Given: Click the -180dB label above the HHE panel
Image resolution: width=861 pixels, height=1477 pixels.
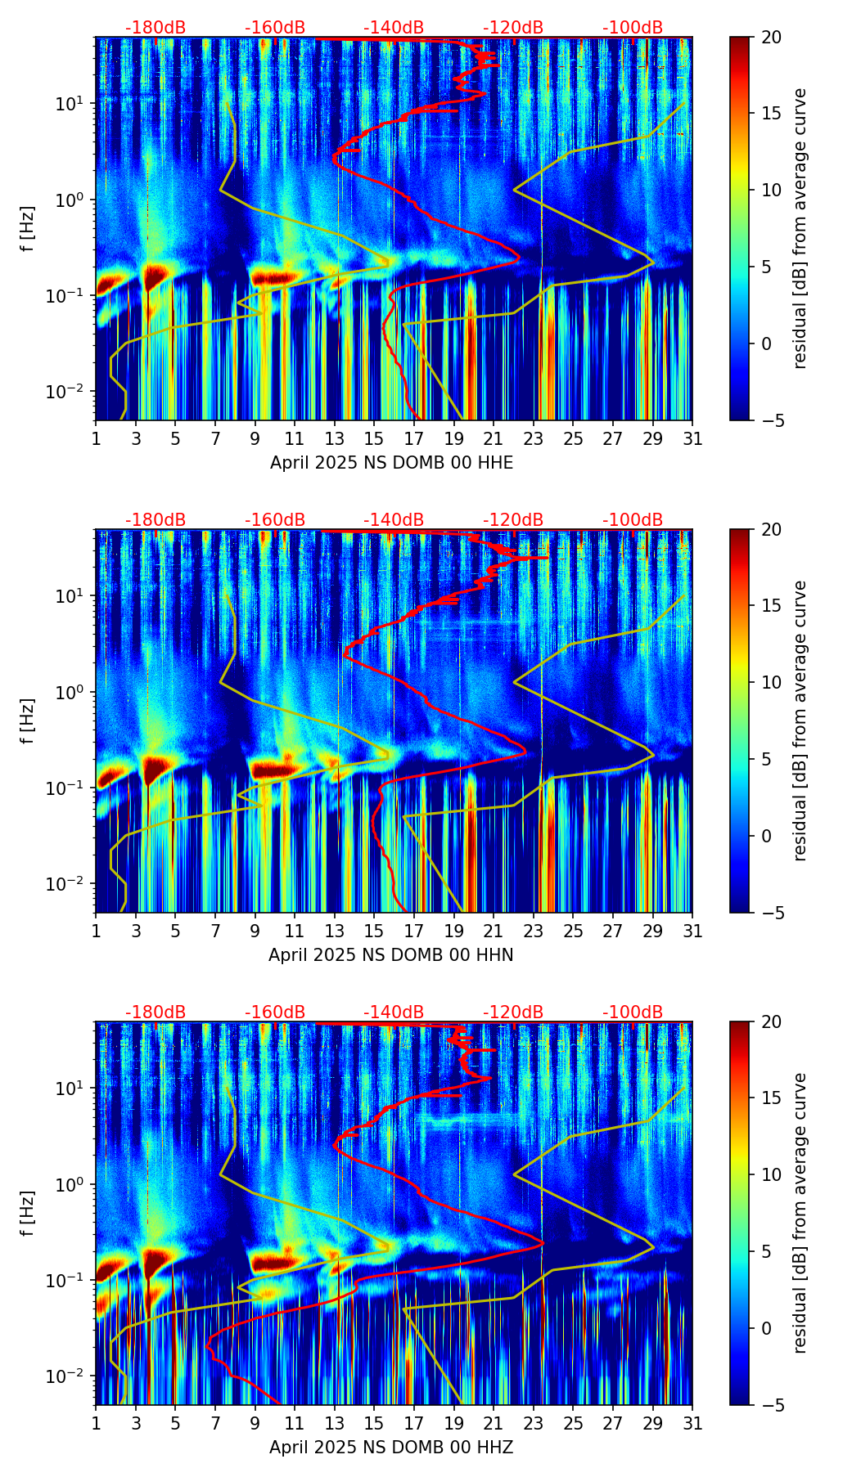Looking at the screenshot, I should [x=156, y=28].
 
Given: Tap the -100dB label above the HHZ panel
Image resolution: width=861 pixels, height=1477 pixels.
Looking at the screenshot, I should [x=633, y=1012].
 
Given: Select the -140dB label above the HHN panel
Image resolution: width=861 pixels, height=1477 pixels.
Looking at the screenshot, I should [x=394, y=520].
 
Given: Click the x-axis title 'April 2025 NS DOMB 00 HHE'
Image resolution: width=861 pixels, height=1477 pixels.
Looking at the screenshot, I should [x=391, y=463].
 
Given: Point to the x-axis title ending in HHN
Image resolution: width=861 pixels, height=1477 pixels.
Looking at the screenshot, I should [x=391, y=955].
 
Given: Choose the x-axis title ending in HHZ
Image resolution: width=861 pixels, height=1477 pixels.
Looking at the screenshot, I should [x=391, y=1448].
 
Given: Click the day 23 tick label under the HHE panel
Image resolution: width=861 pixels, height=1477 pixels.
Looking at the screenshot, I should [x=534, y=440].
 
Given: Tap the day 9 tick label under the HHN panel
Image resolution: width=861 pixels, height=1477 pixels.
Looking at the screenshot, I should [x=255, y=932].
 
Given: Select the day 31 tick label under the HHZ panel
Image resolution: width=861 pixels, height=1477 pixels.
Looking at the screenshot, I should [x=692, y=1425].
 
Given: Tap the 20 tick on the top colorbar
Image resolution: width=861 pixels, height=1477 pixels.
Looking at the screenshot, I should [x=771, y=38].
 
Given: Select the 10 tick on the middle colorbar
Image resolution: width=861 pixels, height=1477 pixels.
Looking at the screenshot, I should [x=771, y=682].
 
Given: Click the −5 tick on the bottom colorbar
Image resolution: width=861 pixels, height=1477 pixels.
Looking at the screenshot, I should [x=771, y=1405].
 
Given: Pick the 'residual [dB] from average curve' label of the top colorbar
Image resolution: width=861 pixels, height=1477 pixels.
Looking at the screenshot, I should [x=800, y=228].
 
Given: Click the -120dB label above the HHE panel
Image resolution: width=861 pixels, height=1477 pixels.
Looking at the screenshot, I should [x=513, y=28].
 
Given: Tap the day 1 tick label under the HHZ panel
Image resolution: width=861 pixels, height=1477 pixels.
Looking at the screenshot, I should [x=96, y=1425].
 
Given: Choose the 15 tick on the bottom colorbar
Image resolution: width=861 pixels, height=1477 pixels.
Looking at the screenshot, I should [x=771, y=1098].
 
